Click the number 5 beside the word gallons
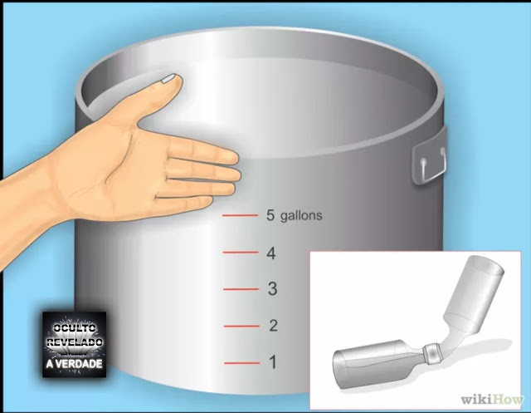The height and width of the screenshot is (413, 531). point(270,215)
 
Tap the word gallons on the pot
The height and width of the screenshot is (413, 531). point(301,216)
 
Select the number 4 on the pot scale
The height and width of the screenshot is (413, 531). point(271,253)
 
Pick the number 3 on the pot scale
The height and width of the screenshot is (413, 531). point(272,289)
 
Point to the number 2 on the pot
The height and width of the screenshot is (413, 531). point(273,326)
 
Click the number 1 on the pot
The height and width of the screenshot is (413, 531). point(273,362)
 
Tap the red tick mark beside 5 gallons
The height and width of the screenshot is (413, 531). point(240,215)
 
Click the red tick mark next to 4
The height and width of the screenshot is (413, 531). point(241,253)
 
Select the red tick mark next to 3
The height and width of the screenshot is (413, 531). point(241,289)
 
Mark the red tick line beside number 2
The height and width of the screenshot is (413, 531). point(241,327)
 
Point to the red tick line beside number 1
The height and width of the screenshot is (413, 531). point(241,363)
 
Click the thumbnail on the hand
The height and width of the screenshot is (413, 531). point(168,79)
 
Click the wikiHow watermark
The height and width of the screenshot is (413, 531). point(492,400)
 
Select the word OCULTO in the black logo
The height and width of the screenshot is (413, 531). point(75,328)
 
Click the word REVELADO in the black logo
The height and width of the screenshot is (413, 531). point(75,342)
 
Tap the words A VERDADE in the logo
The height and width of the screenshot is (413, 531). point(75,364)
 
